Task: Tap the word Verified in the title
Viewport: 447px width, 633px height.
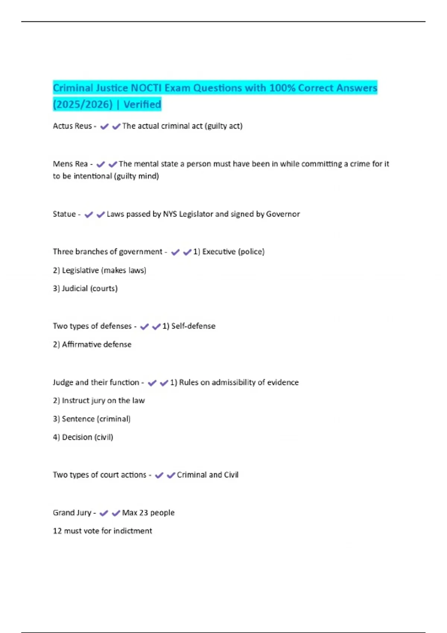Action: pyautogui.click(x=142, y=104)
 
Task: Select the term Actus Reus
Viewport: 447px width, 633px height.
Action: pyautogui.click(x=72, y=126)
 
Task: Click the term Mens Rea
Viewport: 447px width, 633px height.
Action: pyautogui.click(x=70, y=164)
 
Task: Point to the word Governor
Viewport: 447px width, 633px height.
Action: pyautogui.click(x=283, y=214)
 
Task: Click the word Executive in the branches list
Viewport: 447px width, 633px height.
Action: pyautogui.click(x=219, y=252)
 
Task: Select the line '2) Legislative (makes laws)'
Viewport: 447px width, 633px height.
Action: pyautogui.click(x=99, y=270)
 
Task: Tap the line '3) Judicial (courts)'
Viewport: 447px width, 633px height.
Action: pyautogui.click(x=85, y=289)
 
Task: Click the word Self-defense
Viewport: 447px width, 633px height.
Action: pyautogui.click(x=193, y=326)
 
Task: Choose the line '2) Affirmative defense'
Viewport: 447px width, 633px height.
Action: pyautogui.click(x=92, y=344)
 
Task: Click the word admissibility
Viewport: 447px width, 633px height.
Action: pyautogui.click(x=234, y=382)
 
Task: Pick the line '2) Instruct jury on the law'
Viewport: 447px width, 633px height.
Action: pyautogui.click(x=99, y=401)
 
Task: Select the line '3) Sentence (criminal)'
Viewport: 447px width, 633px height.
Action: pyautogui.click(x=92, y=419)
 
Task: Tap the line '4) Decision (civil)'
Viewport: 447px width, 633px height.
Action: pyautogui.click(x=83, y=437)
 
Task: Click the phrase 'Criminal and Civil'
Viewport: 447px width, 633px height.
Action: pyautogui.click(x=207, y=475)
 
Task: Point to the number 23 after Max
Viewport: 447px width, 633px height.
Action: pyautogui.click(x=144, y=513)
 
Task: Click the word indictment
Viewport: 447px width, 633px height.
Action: pyautogui.click(x=133, y=531)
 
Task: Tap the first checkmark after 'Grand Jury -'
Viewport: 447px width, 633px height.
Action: pyautogui.click(x=104, y=513)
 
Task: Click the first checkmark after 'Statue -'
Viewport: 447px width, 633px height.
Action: pyautogui.click(x=89, y=214)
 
